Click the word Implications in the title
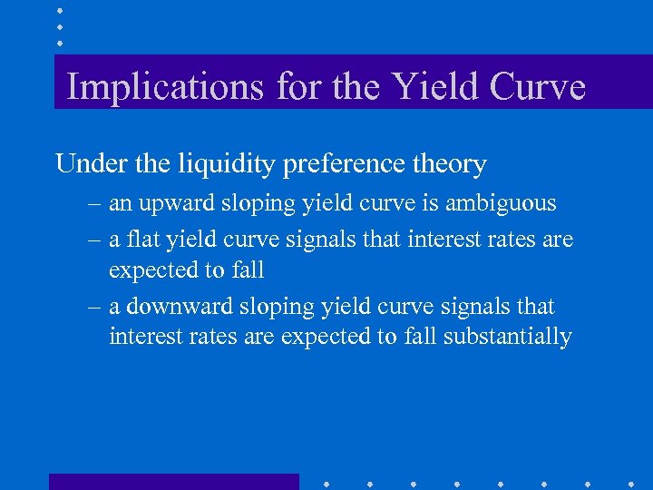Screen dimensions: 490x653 163,87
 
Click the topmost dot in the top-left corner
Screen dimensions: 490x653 59,12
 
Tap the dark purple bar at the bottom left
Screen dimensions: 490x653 173,481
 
